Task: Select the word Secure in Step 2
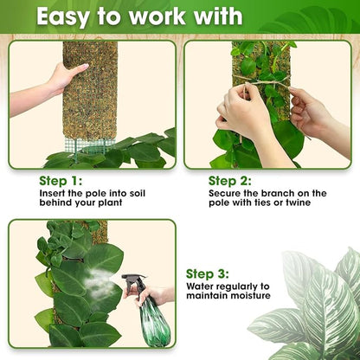(x=225, y=193)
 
